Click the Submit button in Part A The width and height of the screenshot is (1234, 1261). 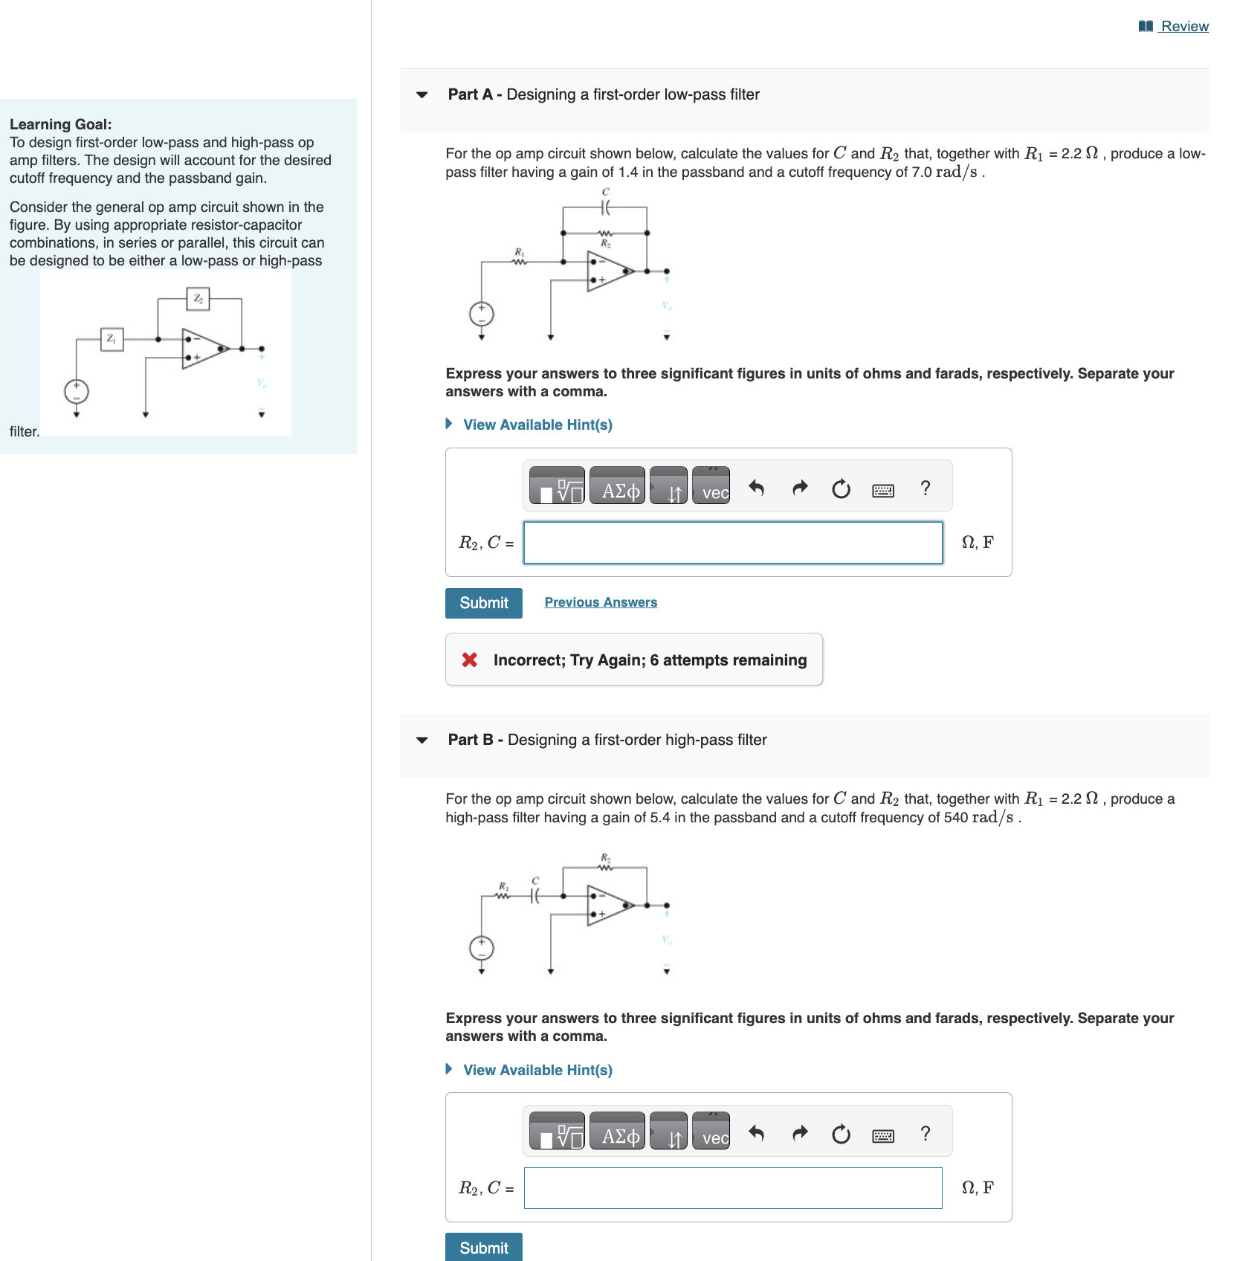[x=483, y=603]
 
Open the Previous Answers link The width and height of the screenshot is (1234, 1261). [x=601, y=602]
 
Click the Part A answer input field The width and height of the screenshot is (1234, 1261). [x=732, y=543]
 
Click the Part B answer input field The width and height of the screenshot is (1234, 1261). [x=732, y=1188]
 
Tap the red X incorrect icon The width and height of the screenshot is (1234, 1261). [x=470, y=660]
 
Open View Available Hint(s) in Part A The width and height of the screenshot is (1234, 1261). [x=537, y=425]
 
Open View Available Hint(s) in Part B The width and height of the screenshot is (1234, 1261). [x=537, y=1070]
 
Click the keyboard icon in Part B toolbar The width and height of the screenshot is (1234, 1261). [x=882, y=1135]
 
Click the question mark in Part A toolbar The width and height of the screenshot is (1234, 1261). [x=925, y=488]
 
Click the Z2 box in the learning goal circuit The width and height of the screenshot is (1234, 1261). [x=198, y=299]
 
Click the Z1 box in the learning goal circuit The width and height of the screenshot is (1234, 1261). [x=112, y=339]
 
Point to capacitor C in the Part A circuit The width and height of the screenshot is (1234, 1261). [x=605, y=208]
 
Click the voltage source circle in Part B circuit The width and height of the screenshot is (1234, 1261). [x=482, y=948]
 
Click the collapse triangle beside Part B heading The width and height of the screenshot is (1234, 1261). [x=422, y=741]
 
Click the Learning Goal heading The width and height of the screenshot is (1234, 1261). [x=61, y=124]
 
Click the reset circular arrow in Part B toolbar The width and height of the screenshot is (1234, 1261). [x=841, y=1134]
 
